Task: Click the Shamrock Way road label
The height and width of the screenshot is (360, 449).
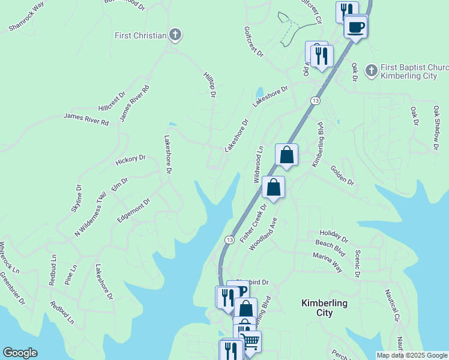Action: pyautogui.click(x=27, y=16)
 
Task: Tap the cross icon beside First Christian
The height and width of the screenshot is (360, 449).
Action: pyautogui.click(x=175, y=35)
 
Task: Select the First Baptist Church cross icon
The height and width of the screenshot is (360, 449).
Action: pyautogui.click(x=371, y=71)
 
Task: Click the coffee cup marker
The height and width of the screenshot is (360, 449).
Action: pyautogui.click(x=356, y=27)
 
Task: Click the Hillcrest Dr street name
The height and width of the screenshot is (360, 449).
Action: pyautogui.click(x=112, y=101)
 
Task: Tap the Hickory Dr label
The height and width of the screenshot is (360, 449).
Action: pyautogui.click(x=130, y=160)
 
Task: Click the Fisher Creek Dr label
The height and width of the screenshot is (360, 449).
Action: pyautogui.click(x=253, y=223)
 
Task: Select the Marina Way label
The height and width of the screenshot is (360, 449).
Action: pyautogui.click(x=327, y=263)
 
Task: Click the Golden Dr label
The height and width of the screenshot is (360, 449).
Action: pyautogui.click(x=342, y=175)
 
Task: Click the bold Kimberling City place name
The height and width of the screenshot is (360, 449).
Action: pyautogui.click(x=324, y=308)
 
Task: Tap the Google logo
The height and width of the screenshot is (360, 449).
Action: pyautogui.click(x=20, y=353)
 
